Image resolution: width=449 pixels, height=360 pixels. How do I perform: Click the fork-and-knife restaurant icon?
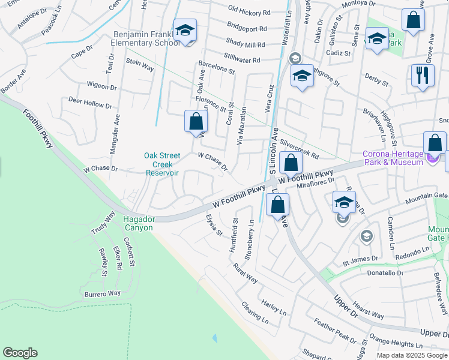[x=423, y=75]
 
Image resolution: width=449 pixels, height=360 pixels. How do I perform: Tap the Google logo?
[x=20, y=353]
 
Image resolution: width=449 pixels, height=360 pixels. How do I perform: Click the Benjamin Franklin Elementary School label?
[x=146, y=38]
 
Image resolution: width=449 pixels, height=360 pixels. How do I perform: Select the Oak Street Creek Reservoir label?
[x=162, y=164]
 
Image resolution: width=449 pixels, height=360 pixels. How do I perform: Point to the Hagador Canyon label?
[x=138, y=223]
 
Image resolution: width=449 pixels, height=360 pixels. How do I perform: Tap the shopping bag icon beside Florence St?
[x=195, y=121]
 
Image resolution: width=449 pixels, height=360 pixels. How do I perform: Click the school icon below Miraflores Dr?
[x=343, y=202]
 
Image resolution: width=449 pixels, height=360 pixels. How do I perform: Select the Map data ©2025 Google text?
[x=412, y=355]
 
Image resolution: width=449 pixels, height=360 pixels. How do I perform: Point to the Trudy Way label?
[x=103, y=223]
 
